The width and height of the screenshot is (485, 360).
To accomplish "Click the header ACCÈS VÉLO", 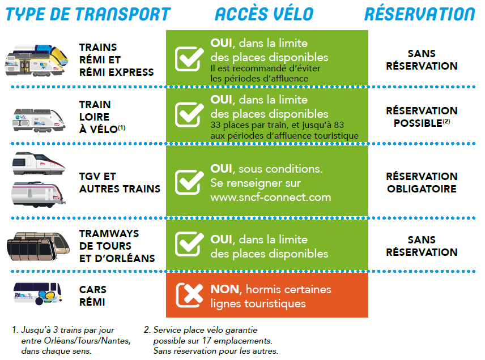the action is pos(264,14).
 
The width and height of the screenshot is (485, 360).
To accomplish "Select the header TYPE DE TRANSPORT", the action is pos(88,14).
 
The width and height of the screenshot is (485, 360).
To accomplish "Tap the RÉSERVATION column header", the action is pos(420,14).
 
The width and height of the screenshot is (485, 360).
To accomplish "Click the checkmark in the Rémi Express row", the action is pos(189,58).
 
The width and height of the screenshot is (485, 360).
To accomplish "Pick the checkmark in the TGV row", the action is pos(189,182).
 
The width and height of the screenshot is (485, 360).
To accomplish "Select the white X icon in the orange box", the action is pos(190,295).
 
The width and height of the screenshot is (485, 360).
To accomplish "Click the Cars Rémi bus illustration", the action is pos(37,294).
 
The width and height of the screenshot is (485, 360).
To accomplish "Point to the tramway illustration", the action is pos(38,246).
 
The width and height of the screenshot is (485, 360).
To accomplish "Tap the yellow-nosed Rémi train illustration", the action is pos(36,61).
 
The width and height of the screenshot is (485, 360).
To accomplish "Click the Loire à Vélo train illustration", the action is pos(39,120).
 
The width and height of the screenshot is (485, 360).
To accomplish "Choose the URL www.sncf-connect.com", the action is pos(271,197).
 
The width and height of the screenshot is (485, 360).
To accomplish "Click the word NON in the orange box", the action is pos(224,289).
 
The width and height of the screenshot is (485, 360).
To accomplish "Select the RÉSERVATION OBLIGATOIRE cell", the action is pos(422,182).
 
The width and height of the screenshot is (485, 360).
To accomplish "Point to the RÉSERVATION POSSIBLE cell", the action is pos(422,117).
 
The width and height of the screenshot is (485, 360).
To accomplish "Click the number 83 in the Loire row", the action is pos(339,125).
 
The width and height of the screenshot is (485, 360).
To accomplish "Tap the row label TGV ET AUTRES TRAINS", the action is pos(120,182).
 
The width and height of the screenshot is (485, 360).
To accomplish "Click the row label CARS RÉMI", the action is pos(92,295).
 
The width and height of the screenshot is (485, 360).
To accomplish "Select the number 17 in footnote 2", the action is pos(207,341).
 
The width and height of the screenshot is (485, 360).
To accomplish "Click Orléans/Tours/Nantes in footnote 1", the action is pos(87,341).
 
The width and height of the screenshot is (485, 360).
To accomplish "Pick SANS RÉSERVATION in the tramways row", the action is pos(422,246).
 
